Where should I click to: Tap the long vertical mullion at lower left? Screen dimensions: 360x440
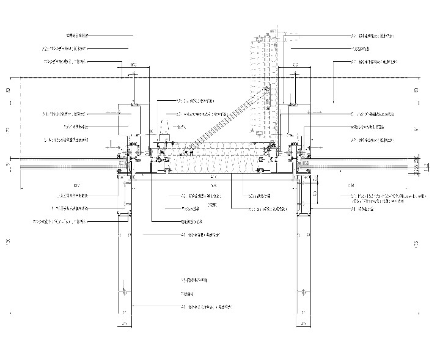point(124,257)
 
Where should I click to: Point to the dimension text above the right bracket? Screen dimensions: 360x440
point(296,64)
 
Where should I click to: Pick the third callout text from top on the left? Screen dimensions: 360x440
point(67,62)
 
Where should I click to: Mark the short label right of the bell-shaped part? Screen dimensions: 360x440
point(180,127)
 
